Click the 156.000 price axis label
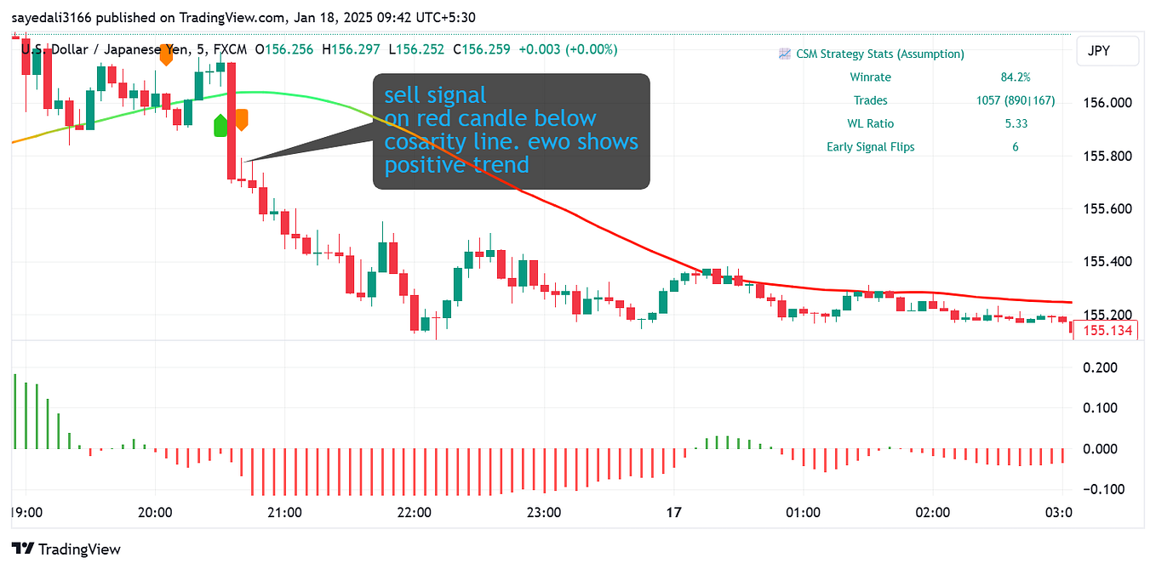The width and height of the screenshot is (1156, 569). (1107, 103)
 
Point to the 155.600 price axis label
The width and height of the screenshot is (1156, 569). (1107, 208)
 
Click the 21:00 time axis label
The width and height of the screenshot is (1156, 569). (284, 513)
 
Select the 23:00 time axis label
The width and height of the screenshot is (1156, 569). (544, 513)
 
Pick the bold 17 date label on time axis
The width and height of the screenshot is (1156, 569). (674, 513)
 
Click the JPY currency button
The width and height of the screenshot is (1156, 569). (1107, 51)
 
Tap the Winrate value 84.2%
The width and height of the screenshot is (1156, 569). (1015, 77)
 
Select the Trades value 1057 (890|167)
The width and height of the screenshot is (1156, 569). (1015, 100)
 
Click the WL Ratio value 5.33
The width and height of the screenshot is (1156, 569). (1015, 123)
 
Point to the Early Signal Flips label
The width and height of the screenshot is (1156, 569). (870, 146)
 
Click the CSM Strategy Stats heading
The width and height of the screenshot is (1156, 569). (879, 54)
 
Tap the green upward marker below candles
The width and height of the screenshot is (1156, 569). (220, 126)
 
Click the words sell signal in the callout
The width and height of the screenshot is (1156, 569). (435, 94)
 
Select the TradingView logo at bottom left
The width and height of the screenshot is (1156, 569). (66, 549)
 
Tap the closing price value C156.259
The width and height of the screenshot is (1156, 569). (482, 49)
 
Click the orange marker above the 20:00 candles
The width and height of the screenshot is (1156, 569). (166, 57)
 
